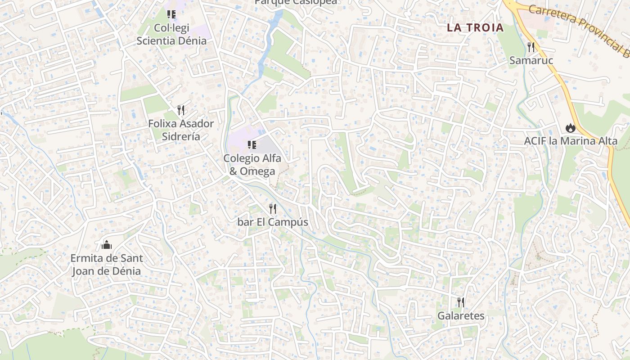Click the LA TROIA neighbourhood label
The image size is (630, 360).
(475, 27)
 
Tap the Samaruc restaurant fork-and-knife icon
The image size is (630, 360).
(531, 47)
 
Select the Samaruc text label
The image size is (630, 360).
(531, 60)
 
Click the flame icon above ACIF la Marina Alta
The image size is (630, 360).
(571, 128)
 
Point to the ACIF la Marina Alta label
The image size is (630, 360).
(571, 141)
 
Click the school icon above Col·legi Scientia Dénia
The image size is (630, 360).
(171, 14)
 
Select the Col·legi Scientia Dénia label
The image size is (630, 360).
(171, 34)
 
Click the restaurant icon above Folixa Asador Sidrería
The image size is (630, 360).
(181, 110)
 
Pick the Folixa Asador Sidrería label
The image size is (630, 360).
(181, 130)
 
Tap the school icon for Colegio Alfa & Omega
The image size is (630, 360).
(252, 145)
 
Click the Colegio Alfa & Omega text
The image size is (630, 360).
(252, 165)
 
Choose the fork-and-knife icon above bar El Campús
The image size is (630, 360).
(273, 209)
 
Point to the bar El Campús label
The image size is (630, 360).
(273, 222)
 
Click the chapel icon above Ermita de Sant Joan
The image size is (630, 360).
(107, 245)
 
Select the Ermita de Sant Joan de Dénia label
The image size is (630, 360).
(107, 265)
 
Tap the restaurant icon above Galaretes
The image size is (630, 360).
(461, 302)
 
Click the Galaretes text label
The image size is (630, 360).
(461, 316)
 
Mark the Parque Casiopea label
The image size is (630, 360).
(296, 2)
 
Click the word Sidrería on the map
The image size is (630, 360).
(181, 136)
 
